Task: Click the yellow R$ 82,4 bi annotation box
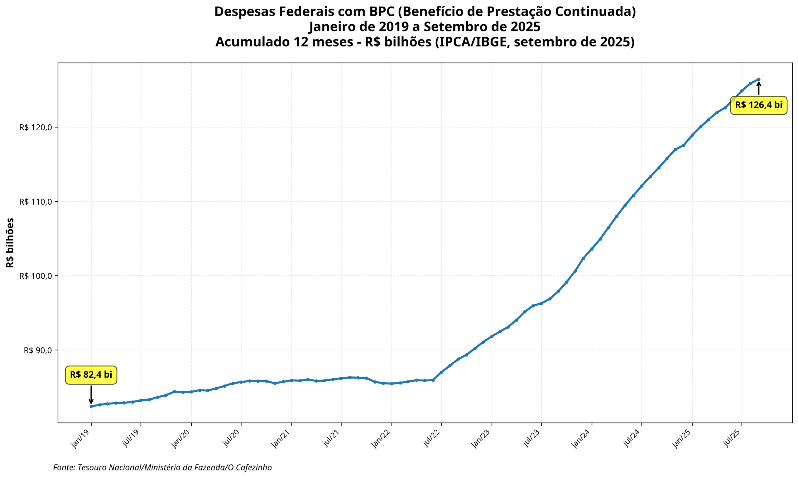pos(91,375)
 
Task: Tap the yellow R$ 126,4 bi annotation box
pos(758,105)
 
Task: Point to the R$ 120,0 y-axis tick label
pos(36,127)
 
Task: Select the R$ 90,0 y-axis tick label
pos(38,350)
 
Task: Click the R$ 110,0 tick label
pos(36,202)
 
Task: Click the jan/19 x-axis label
pos(81,439)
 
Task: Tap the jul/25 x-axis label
pos(732,439)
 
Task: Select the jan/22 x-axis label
pos(382,439)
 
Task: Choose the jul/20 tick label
pos(231,439)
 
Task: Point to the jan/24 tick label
pos(582,439)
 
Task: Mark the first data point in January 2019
pos(91,407)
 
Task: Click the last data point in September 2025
pos(759,79)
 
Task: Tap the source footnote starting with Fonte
pos(162,467)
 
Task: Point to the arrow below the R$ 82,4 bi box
pos(91,394)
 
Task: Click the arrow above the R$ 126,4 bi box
pos(759,88)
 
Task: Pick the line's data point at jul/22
pos(441,372)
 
